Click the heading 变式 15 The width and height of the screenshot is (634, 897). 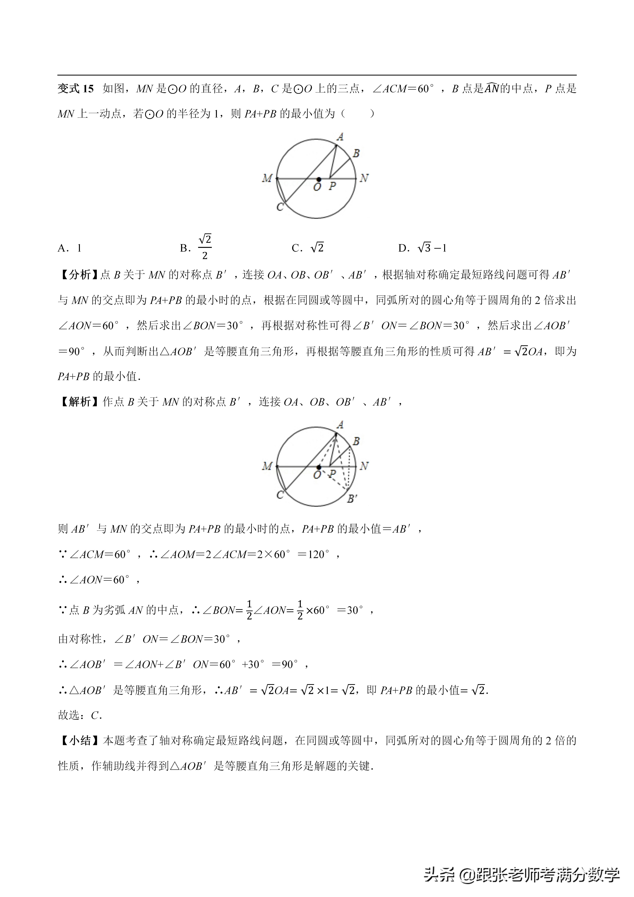pyautogui.click(x=76, y=89)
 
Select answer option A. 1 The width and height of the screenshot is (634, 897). pyautogui.click(x=69, y=248)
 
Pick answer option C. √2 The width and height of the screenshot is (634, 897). pyautogui.click(x=308, y=248)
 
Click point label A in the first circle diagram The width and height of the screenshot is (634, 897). pyautogui.click(x=340, y=137)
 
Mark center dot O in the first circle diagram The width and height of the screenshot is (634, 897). pyautogui.click(x=319, y=179)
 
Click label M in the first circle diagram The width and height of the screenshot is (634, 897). pyautogui.click(x=267, y=179)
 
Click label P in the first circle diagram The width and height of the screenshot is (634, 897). pyautogui.click(x=332, y=186)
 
